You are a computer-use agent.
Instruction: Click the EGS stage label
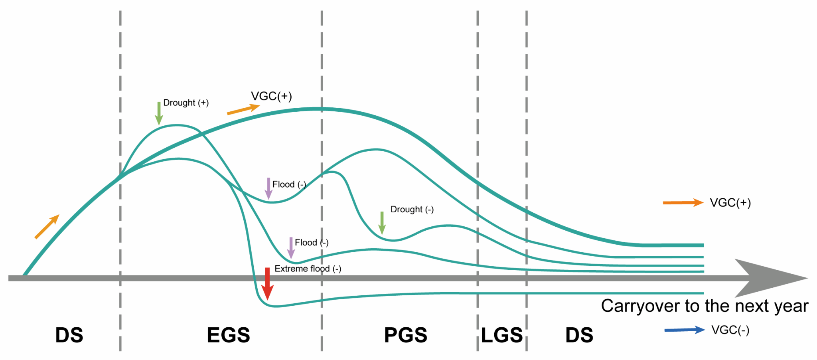(x=228, y=335)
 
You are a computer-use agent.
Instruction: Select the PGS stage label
(x=405, y=335)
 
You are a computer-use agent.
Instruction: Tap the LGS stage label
(x=501, y=335)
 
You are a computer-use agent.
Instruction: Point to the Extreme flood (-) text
(x=308, y=269)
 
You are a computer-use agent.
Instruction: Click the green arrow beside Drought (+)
(x=159, y=113)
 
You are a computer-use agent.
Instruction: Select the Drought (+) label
(x=186, y=103)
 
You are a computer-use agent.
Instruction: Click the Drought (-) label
(x=412, y=209)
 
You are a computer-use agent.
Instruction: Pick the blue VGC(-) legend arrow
(x=684, y=330)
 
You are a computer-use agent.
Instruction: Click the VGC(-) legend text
(x=730, y=330)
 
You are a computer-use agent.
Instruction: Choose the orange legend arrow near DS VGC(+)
(x=683, y=203)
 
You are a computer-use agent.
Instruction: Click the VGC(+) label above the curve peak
(x=271, y=96)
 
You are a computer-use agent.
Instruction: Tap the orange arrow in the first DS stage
(x=47, y=227)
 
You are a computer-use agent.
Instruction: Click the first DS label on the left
(x=69, y=335)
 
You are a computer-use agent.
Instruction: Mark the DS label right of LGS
(x=579, y=335)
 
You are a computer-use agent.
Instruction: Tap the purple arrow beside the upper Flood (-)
(x=268, y=188)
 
